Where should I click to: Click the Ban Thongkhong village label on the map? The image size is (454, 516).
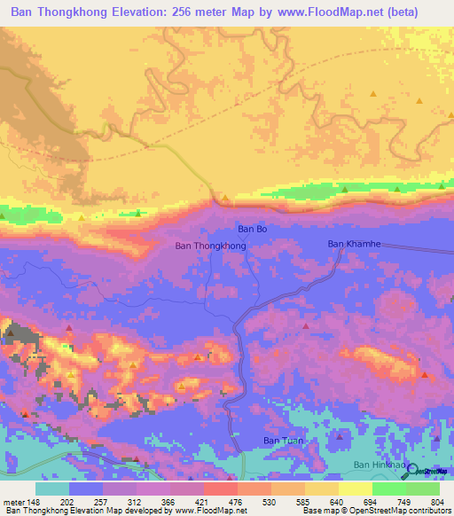[x=210, y=246]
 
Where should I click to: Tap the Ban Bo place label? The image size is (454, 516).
[x=252, y=229]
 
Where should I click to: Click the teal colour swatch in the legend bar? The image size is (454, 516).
[x=52, y=489]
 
